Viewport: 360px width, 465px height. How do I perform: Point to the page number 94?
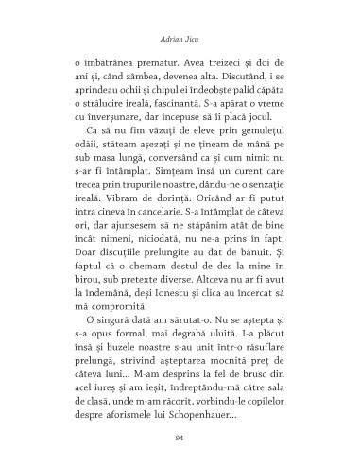point(180,439)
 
